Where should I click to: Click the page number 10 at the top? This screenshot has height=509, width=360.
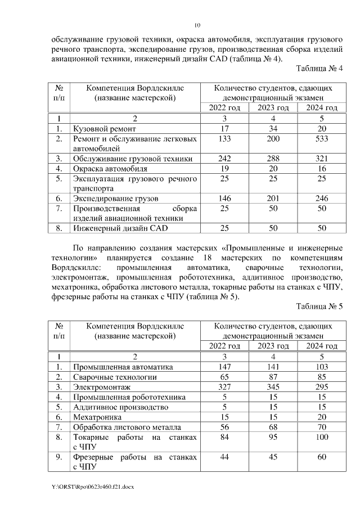(x=197, y=25)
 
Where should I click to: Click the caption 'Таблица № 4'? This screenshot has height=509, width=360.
(x=319, y=69)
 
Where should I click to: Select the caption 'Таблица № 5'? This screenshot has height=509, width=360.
(x=319, y=307)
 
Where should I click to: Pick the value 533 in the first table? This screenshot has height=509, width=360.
(x=321, y=139)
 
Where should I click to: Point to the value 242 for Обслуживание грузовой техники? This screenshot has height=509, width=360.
(x=224, y=159)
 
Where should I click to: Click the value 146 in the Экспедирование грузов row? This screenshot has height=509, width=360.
(x=224, y=199)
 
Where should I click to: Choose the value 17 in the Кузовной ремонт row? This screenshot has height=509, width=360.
(x=224, y=129)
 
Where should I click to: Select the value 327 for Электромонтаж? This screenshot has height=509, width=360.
(x=224, y=387)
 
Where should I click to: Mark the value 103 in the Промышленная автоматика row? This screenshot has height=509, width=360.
(x=321, y=367)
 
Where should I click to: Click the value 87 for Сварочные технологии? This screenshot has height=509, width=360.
(x=273, y=377)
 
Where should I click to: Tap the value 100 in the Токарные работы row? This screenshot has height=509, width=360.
(x=321, y=437)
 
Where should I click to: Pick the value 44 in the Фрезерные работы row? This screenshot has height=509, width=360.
(x=224, y=457)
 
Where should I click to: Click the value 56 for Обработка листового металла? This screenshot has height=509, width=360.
(x=224, y=427)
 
